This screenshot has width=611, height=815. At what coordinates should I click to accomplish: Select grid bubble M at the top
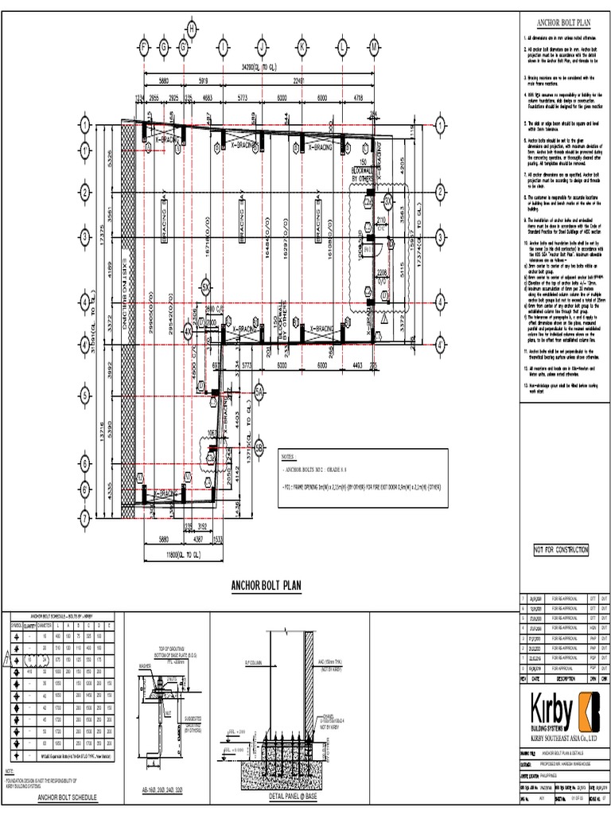[374, 48]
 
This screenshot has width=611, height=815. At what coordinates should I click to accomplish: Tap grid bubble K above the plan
[302, 48]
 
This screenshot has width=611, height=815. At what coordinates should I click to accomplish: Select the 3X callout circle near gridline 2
[387, 199]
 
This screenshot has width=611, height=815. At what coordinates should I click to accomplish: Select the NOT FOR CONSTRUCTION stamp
[561, 550]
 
